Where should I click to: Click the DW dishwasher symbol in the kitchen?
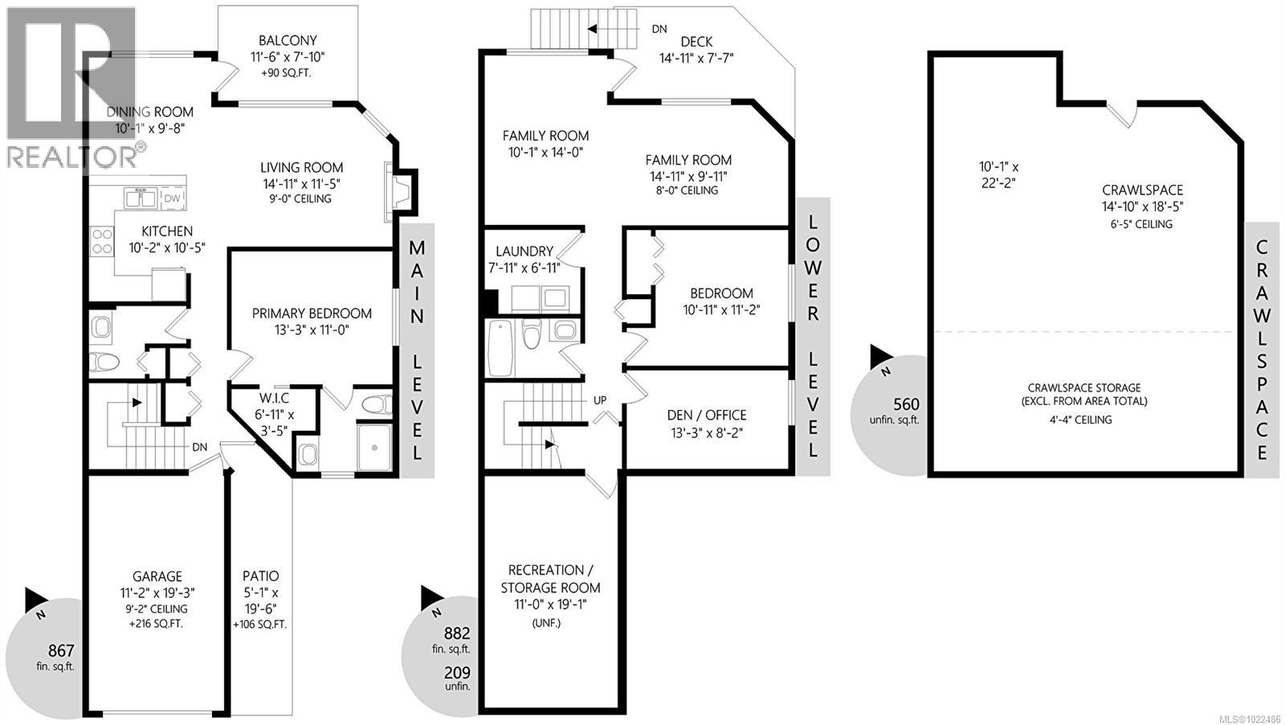pyautogui.click(x=173, y=198)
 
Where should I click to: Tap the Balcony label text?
pyautogui.click(x=288, y=40)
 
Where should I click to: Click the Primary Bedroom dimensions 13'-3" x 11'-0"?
pyautogui.click(x=312, y=330)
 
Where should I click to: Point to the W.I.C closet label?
pyautogui.click(x=274, y=398)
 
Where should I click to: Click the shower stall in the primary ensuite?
pyautogui.click(x=373, y=447)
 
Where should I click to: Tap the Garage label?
pyautogui.click(x=157, y=576)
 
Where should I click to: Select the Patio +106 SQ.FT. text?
pyautogui.click(x=259, y=625)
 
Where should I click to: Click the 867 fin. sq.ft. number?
pyautogui.click(x=61, y=650)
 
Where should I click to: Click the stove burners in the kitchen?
pyautogui.click(x=102, y=241)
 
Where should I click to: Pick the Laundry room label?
pyautogui.click(x=524, y=251)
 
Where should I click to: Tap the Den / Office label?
pyautogui.click(x=707, y=415)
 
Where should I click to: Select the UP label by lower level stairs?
pyautogui.click(x=600, y=399)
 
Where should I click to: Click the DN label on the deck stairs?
pyautogui.click(x=659, y=29)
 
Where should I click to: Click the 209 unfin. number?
pyautogui.click(x=457, y=673)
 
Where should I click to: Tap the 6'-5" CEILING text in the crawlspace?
pyautogui.click(x=1142, y=224)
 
